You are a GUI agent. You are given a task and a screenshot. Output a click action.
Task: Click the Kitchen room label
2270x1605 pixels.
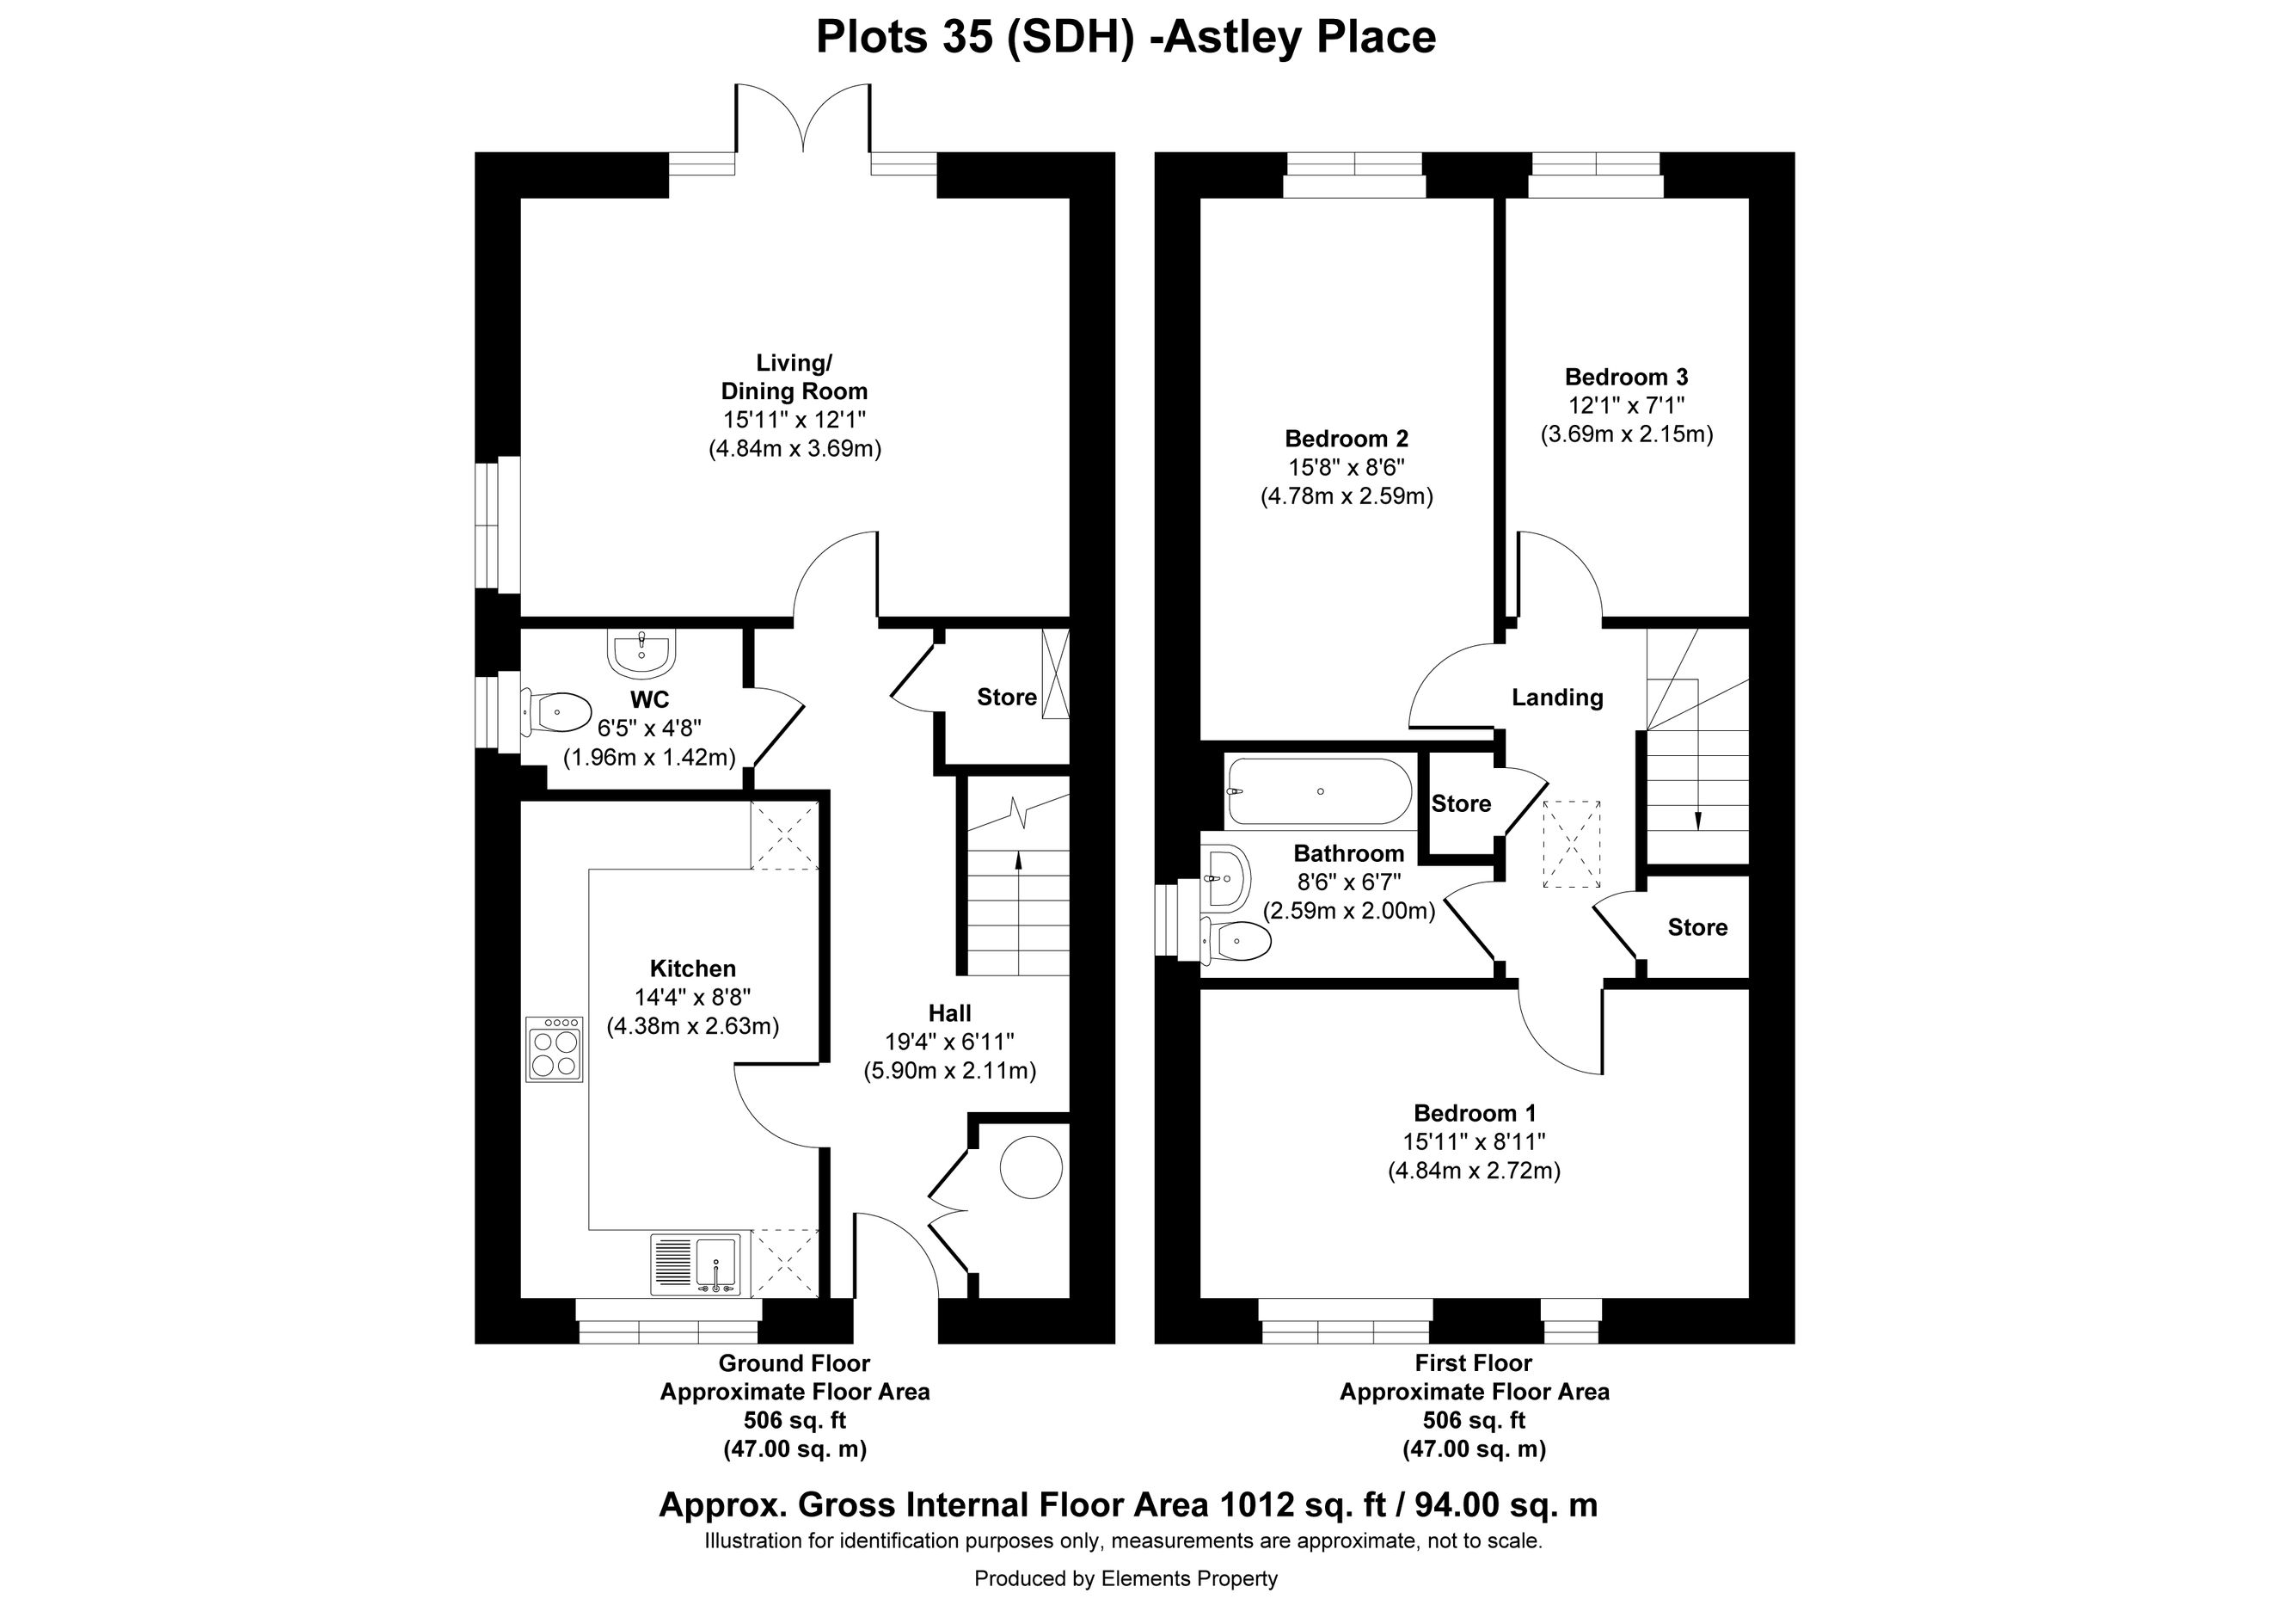point(692,969)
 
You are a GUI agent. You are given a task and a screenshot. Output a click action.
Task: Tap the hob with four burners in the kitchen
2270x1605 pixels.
point(554,1048)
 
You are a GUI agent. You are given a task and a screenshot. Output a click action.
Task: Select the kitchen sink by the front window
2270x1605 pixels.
point(695,1264)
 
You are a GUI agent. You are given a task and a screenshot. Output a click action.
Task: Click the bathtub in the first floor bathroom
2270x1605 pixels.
point(1320,792)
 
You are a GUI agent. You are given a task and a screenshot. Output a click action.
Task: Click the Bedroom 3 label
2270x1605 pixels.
point(1626,377)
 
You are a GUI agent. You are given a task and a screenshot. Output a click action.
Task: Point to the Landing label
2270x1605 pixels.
point(1557,698)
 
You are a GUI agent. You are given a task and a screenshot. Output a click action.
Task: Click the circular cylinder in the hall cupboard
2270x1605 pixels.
point(1031,1168)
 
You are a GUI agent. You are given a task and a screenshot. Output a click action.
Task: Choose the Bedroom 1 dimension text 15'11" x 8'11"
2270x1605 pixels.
point(1474,1142)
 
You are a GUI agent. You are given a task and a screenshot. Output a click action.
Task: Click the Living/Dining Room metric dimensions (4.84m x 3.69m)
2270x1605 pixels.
point(794,449)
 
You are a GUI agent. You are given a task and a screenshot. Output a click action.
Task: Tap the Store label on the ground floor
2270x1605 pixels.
point(1007,698)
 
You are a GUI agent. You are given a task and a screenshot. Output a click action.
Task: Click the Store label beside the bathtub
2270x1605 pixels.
point(1461,804)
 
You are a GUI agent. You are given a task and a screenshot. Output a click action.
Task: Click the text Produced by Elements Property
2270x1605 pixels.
point(1126,1579)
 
